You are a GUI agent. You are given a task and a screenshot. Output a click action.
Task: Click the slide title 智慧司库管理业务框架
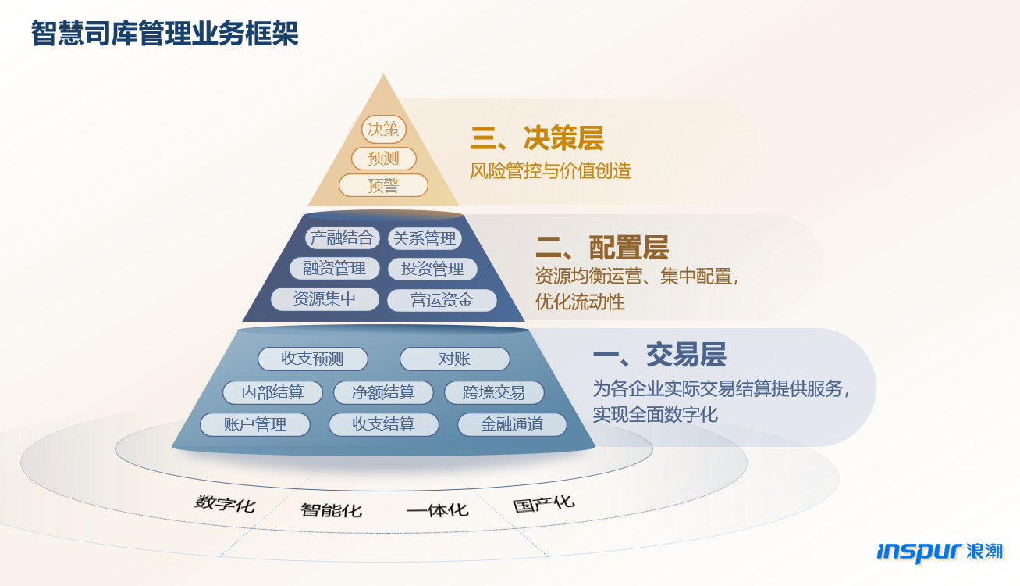(165, 34)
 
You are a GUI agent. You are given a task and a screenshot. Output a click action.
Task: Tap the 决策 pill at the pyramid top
(383, 129)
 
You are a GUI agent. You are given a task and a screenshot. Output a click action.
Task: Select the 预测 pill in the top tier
(383, 159)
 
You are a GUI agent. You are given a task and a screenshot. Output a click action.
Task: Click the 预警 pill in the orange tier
(383, 185)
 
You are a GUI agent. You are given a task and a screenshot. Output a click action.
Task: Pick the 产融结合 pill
(342, 238)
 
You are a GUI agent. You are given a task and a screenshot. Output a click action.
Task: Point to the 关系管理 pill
(425, 238)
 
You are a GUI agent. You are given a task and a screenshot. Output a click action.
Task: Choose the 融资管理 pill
(334, 268)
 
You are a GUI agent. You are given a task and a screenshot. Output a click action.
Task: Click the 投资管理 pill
(432, 269)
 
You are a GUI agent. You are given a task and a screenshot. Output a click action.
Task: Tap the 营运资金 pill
(442, 300)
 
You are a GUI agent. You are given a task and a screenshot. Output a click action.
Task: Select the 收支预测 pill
(312, 359)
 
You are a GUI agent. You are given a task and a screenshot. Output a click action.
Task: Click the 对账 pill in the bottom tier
(454, 359)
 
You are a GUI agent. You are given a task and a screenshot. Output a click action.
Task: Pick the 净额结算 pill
(383, 392)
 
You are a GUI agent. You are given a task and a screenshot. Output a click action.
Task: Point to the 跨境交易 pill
(494, 392)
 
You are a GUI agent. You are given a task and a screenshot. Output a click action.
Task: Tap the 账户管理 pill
(255, 424)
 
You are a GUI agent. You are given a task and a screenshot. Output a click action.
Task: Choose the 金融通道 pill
(512, 424)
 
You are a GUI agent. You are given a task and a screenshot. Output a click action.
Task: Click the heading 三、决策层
(537, 138)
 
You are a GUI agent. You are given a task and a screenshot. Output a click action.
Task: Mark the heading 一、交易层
(659, 355)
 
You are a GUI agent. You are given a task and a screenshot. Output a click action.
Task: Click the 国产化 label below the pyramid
(544, 504)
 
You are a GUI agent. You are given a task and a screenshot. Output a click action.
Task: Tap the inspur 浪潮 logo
(940, 552)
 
